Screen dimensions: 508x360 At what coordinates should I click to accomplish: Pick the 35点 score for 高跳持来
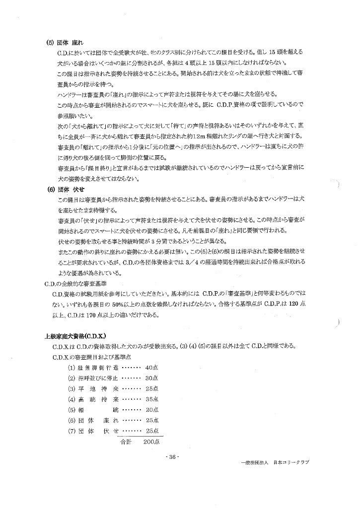(x=151, y=399)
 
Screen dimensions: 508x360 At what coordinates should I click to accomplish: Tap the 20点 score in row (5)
(x=151, y=410)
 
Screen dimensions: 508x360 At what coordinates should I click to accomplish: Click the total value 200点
(x=150, y=441)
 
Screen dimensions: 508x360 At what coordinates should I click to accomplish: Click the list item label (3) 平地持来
(x=94, y=388)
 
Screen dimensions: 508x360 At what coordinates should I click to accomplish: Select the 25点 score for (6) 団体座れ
(x=151, y=420)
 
